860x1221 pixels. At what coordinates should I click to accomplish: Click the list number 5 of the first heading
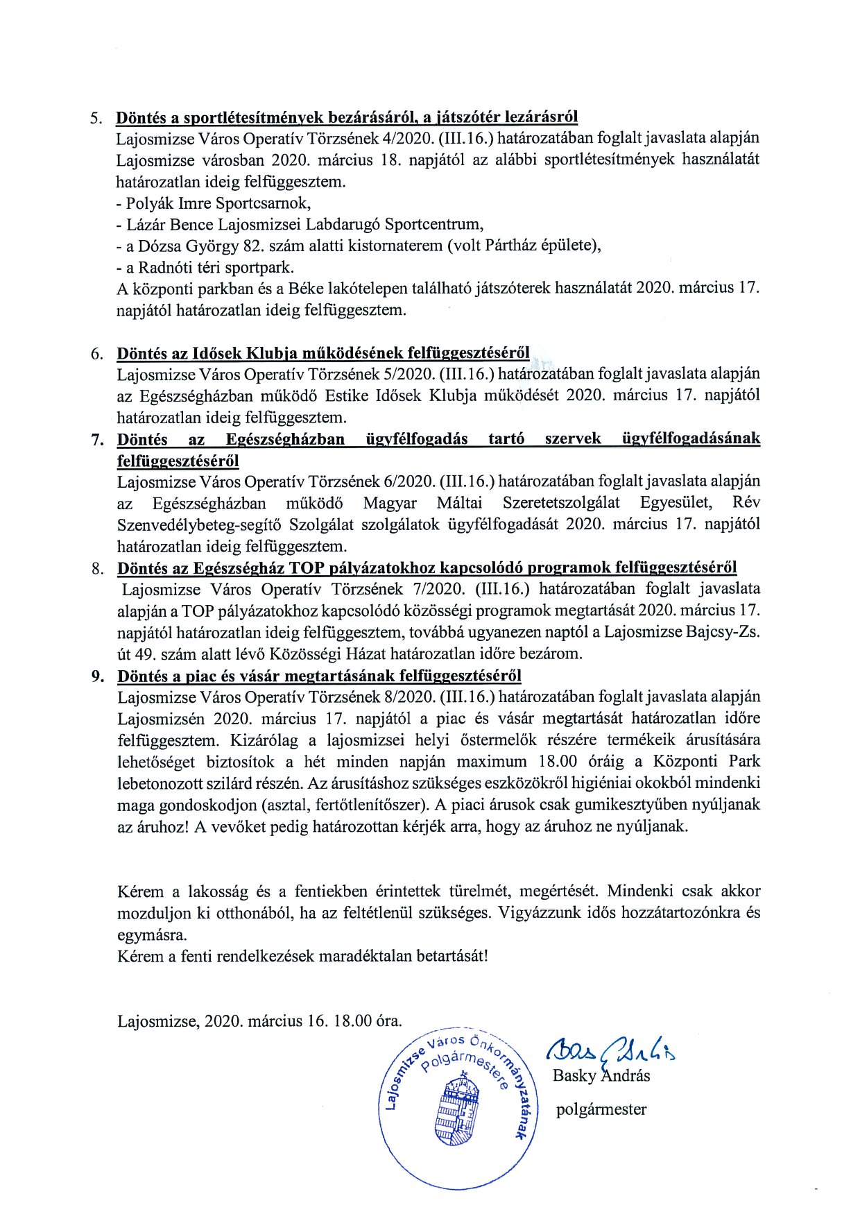click(95, 117)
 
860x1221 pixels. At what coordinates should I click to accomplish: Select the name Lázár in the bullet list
click(148, 225)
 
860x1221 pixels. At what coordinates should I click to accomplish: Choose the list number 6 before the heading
click(96, 354)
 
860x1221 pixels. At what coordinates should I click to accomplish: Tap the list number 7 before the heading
click(96, 440)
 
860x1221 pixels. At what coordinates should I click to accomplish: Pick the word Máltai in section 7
click(459, 503)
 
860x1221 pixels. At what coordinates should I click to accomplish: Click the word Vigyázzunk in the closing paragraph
click(538, 912)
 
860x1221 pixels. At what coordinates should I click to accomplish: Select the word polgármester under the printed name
click(601, 1109)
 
